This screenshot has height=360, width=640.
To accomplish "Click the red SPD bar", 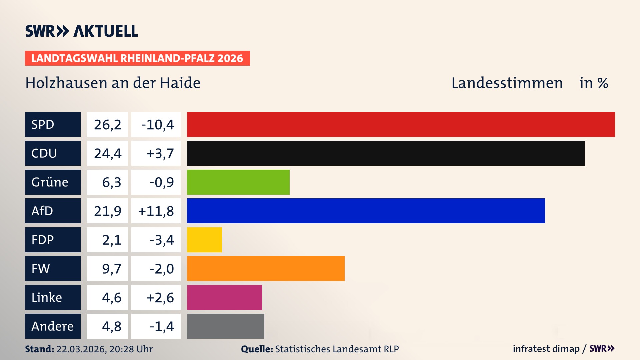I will pyautogui.click(x=401, y=124).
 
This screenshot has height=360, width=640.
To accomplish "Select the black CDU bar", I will pyautogui.click(x=386, y=153).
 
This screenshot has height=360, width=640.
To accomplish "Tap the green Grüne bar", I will pyautogui.click(x=238, y=182).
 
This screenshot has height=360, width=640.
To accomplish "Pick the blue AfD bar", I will pyautogui.click(x=366, y=211).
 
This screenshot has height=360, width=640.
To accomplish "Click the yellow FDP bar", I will pyautogui.click(x=204, y=240).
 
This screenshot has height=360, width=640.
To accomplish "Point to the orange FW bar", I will pyautogui.click(x=266, y=268).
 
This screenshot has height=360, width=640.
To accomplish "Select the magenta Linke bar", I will pyautogui.click(x=224, y=297).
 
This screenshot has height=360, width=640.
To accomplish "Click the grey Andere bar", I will pyautogui.click(x=225, y=326).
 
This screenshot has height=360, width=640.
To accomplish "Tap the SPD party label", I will pyautogui.click(x=53, y=124).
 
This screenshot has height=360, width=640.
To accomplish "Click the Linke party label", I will pyautogui.click(x=53, y=297).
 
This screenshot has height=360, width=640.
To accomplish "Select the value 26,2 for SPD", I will pyautogui.click(x=107, y=124).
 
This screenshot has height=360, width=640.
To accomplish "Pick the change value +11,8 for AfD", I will pyautogui.click(x=156, y=211).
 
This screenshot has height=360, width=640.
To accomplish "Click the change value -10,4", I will pyautogui.click(x=156, y=124).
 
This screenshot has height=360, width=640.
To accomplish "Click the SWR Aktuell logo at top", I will pyautogui.click(x=81, y=31).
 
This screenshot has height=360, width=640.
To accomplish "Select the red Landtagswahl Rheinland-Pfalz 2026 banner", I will pyautogui.click(x=137, y=58).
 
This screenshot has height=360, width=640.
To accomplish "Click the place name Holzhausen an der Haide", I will pyautogui.click(x=113, y=83).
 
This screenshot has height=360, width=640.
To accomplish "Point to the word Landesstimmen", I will pyautogui.click(x=507, y=83).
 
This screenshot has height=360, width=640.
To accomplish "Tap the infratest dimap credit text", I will pyautogui.click(x=546, y=349).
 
